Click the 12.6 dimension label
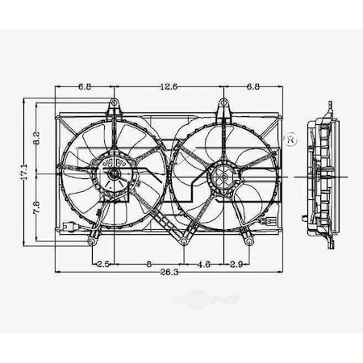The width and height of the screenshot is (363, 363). point(168,87)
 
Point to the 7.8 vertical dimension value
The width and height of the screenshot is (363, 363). point(36,208)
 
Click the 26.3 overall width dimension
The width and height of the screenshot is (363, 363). point(168,273)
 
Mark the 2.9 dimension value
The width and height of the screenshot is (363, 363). point(237,263)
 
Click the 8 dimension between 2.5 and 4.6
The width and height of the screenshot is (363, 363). point(149,263)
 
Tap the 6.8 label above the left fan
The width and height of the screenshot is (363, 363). point(85,87)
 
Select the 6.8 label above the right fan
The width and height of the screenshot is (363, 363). point(252,87)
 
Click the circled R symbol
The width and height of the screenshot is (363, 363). point(291,141)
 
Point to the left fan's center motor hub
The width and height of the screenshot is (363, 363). point(114,173)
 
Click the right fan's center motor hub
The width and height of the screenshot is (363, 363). point(223,174)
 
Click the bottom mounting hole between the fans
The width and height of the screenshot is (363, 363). point(185,240)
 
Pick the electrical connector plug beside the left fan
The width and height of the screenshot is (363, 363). point(70,228)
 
